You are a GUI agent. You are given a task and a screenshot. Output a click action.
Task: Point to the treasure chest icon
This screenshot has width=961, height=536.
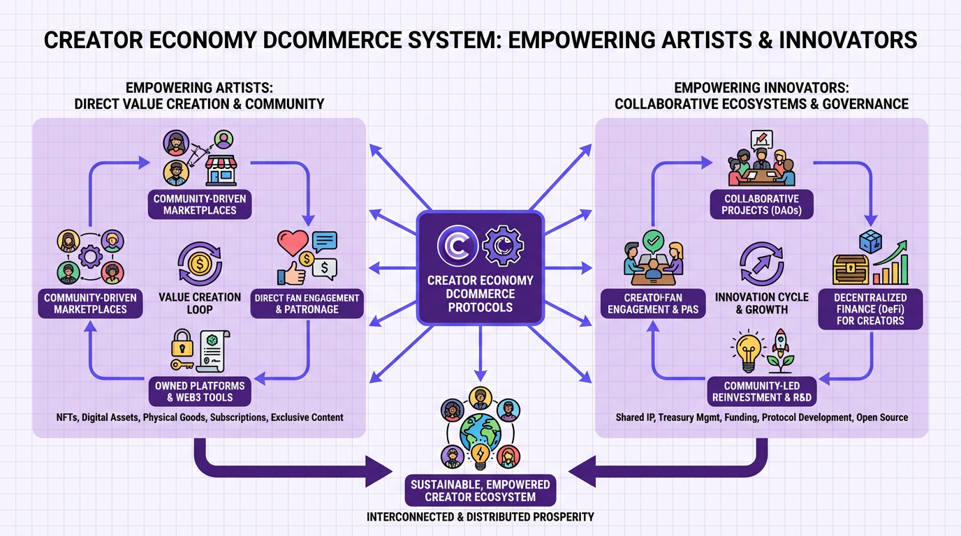pos(850,269)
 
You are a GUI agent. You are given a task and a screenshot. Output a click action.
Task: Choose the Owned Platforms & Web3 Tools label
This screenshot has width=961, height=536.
pos(200,392)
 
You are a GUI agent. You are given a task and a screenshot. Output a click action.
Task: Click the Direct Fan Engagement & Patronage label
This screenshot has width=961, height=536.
pos(307,304)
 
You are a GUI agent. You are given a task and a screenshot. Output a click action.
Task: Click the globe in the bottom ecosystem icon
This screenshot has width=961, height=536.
pos(480,433)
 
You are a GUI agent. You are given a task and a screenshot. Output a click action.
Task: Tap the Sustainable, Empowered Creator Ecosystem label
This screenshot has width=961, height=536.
pos(480,491)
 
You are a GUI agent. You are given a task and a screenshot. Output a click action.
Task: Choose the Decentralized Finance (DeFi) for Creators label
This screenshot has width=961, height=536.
pos(870,308)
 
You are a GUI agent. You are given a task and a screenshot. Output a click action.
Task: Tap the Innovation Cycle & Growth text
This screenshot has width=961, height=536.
pos(761,303)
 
